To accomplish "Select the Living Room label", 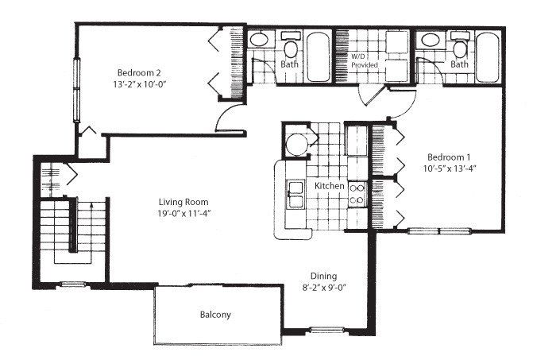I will point(183,200).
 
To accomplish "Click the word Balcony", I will point(214,315).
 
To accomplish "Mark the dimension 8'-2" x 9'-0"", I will point(323,287).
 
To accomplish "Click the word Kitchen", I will point(330,186).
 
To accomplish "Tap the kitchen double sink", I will point(295,193).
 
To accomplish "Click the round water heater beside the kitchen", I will point(298,145).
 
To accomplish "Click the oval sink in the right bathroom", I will point(431,40).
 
